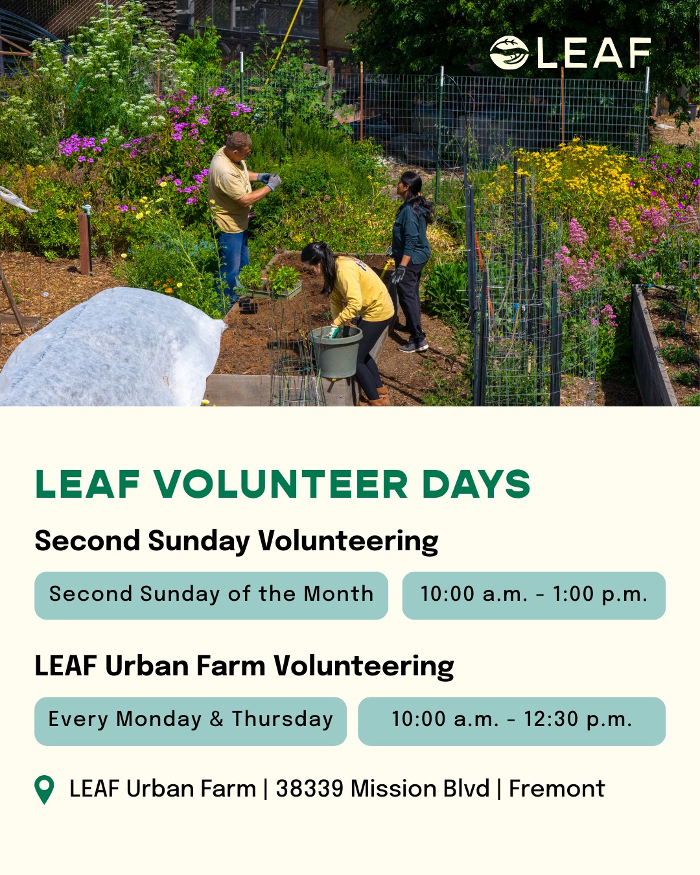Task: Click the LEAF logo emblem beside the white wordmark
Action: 509,52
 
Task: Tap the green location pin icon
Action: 44,789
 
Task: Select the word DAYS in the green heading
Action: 476,485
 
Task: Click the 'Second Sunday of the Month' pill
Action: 211,595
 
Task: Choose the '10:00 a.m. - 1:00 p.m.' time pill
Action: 533,595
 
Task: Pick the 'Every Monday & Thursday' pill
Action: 191,721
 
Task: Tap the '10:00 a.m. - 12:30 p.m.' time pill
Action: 511,721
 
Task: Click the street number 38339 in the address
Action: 309,789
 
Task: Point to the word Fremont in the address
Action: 556,789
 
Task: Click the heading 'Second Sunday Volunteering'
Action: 237,541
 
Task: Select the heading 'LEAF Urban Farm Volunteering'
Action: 244,666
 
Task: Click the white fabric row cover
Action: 110,350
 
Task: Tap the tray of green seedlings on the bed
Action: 270,282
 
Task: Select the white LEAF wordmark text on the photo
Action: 593,53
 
